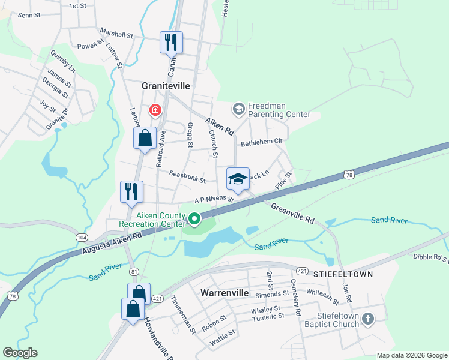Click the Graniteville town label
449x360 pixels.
(x=166, y=86)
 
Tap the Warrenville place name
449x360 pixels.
(x=223, y=293)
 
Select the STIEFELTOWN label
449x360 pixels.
(x=343, y=274)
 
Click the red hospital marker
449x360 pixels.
(x=155, y=110)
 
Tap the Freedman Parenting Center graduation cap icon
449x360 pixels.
(x=238, y=109)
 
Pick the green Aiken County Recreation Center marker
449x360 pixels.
(x=194, y=218)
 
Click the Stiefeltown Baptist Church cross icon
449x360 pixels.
(x=367, y=319)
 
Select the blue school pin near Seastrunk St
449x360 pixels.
(x=238, y=179)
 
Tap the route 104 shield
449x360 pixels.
(x=82, y=238)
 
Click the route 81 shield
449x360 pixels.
(x=134, y=271)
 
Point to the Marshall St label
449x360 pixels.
(x=116, y=35)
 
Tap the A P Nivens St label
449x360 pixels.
(x=213, y=199)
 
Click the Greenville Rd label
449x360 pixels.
(x=292, y=213)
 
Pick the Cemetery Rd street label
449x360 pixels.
(x=295, y=298)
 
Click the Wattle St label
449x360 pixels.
(x=223, y=340)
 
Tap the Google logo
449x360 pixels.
(x=20, y=353)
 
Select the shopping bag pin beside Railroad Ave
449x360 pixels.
(x=145, y=138)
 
